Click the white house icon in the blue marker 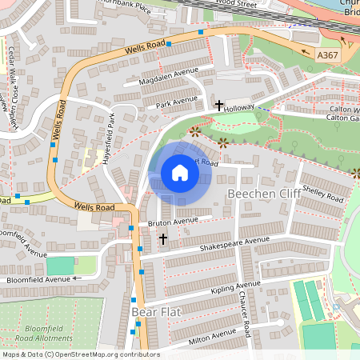coord(180,173)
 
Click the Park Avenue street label coord(177,102)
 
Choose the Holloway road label coord(238,106)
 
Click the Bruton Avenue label coord(172,221)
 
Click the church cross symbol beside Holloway coord(219,106)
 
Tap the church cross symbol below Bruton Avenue coord(163,239)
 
